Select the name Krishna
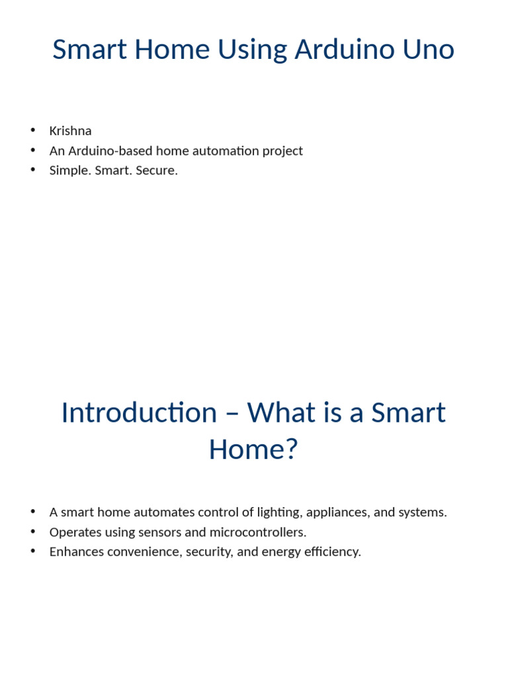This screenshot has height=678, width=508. (70, 130)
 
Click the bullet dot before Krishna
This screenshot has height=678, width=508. (32, 130)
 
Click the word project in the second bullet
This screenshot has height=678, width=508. (282, 150)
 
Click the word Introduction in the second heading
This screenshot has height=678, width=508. (138, 412)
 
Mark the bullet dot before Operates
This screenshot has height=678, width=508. (32, 532)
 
